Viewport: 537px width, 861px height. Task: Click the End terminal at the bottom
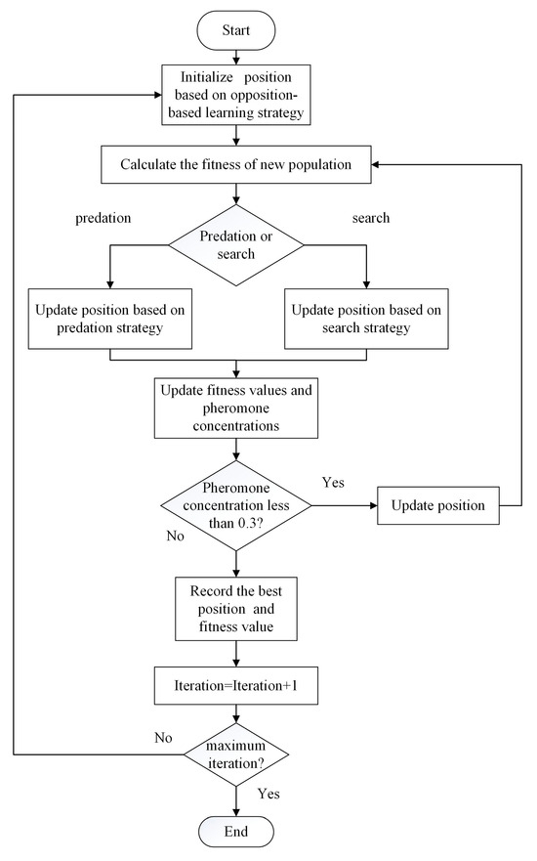pyautogui.click(x=236, y=831)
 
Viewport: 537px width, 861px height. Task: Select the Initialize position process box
pyautogui.click(x=236, y=96)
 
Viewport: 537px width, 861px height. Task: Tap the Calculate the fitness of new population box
pyautogui.click(x=236, y=164)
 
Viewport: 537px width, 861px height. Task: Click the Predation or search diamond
pyautogui.click(x=236, y=244)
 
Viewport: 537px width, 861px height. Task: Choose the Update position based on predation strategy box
pyautogui.click(x=110, y=319)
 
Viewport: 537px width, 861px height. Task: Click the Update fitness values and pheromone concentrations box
pyautogui.click(x=236, y=409)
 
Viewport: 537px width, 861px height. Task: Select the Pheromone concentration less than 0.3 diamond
pyautogui.click(x=236, y=506)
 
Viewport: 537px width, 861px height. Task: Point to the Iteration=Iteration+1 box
pyautogui.click(x=236, y=685)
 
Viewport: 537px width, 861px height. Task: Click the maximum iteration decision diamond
pyautogui.click(x=236, y=754)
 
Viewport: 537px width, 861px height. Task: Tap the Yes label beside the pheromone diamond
pyautogui.click(x=334, y=483)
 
